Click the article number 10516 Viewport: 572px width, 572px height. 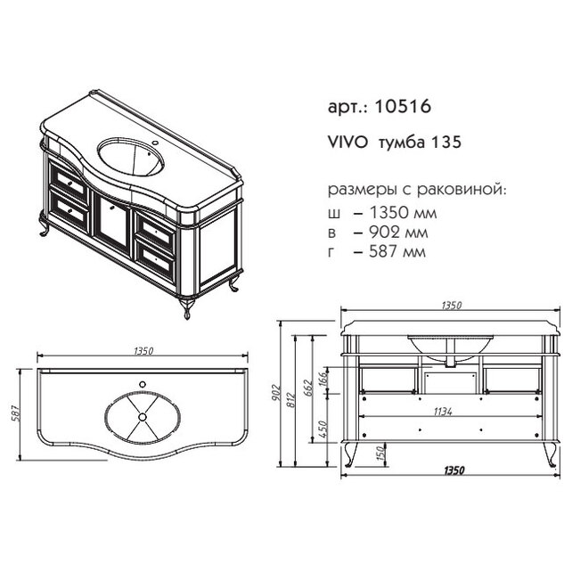click(x=403, y=107)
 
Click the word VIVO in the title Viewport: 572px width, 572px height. click(x=348, y=143)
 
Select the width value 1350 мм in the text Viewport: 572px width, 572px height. click(x=403, y=212)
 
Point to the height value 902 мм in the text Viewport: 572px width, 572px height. click(x=398, y=232)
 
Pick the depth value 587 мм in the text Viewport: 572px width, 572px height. click(x=397, y=252)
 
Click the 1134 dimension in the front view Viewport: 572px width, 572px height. click(x=443, y=412)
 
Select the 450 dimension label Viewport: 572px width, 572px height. click(x=323, y=429)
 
